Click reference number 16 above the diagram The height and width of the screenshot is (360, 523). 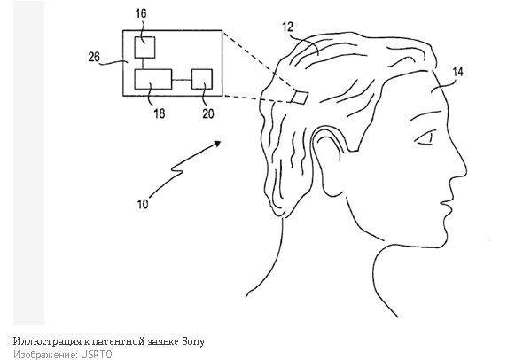141,13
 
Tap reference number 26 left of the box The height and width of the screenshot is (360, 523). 94,57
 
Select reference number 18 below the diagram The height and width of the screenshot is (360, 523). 159,113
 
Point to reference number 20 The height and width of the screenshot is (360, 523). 207,113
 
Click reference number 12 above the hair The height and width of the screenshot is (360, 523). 287,27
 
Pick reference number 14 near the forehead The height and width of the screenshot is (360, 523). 457,72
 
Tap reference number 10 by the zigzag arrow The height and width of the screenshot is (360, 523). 143,204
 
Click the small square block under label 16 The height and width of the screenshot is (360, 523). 144,47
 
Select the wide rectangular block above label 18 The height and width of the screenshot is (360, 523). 153,80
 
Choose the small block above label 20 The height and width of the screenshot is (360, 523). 202,80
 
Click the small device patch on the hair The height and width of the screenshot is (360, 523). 300,97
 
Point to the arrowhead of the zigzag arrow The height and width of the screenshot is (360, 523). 217,143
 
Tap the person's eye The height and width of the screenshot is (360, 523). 425,139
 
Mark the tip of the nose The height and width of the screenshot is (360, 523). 466,171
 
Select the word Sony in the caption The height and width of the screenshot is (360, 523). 193,341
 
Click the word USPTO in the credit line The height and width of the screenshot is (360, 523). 96,355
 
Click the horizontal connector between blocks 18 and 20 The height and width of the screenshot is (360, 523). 182,80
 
